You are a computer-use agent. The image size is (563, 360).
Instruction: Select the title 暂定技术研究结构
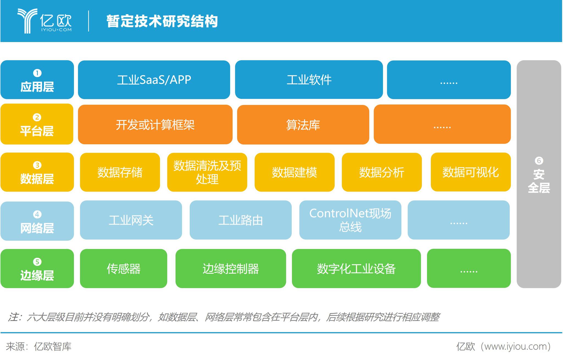[162, 21]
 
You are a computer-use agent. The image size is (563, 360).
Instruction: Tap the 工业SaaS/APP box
[154, 80]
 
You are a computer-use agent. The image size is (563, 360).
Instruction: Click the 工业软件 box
[309, 80]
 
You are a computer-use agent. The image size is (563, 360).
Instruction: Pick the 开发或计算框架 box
[155, 124]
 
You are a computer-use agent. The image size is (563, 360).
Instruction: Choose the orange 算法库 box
[303, 124]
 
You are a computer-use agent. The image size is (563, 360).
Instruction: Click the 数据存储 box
[120, 172]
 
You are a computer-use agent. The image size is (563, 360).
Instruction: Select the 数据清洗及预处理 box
[207, 172]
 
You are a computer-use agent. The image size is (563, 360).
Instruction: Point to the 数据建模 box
[294, 172]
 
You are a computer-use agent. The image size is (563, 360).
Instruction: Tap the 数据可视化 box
[471, 172]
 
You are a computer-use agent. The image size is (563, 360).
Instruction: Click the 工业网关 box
[131, 220]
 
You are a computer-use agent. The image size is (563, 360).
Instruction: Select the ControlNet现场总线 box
[350, 220]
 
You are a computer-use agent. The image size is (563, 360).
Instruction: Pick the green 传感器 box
[123, 268]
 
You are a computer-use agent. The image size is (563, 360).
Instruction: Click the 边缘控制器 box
[231, 268]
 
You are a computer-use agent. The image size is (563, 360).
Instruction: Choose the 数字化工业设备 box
[356, 268]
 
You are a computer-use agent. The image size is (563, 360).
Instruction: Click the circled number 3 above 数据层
[37, 165]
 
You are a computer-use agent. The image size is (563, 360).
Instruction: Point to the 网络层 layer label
[37, 221]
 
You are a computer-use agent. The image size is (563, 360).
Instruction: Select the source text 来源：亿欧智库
[39, 347]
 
